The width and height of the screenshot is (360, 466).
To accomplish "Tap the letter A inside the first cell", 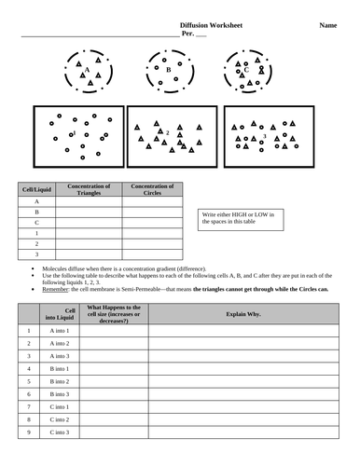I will (x=87, y=70).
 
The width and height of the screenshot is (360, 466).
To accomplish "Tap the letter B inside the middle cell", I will (x=168, y=70).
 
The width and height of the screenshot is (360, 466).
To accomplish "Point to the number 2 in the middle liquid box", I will (x=166, y=132).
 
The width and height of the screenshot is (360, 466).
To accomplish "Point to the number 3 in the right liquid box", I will (x=264, y=136).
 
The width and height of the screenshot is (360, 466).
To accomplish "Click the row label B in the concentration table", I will (x=36, y=212).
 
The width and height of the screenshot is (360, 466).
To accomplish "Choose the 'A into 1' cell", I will (x=62, y=330).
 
